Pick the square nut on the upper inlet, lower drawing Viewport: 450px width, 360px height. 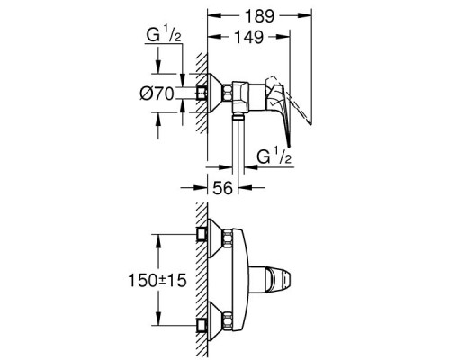point(203,237)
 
